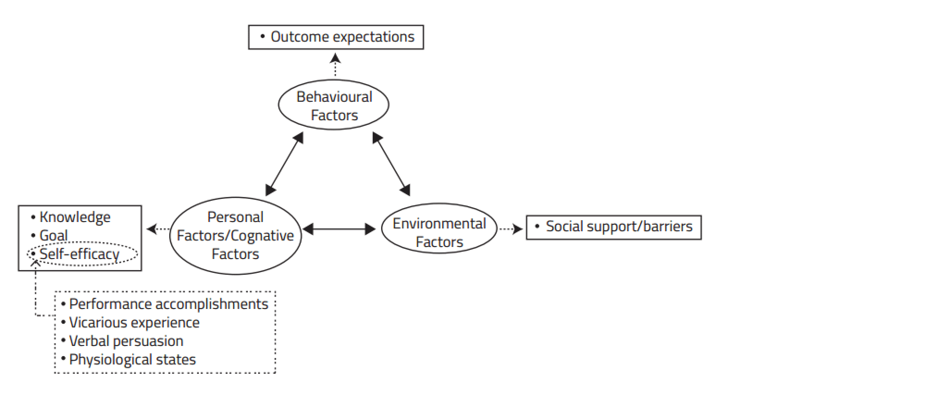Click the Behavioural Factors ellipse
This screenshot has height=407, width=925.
pos(333,105)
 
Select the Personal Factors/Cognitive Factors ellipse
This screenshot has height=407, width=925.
pos(235,235)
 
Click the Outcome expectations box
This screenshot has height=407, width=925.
pos(336,37)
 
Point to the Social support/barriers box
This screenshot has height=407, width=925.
pos(614,227)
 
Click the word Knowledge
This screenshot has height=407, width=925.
pos(75,217)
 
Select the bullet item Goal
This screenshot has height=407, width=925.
pos(53,235)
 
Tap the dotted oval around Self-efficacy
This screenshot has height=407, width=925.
pos(82,254)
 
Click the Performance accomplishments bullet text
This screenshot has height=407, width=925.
pos(168,304)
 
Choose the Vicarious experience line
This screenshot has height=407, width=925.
pos(134,322)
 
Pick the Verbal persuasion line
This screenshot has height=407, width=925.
pos(126,341)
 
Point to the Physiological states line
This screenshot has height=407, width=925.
pos(132,359)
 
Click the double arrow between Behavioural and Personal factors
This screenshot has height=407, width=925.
pos(284,164)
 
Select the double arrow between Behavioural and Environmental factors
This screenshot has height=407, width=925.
pos(391,164)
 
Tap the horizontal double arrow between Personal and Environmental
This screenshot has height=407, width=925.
pos(339,229)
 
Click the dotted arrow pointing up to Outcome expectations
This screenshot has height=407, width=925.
pos(335,65)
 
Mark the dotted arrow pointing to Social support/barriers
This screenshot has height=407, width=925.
pos(511,228)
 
